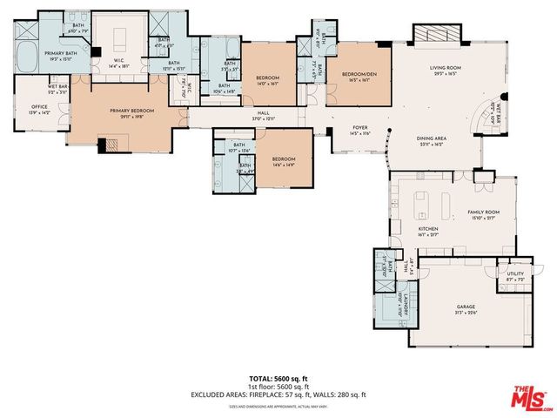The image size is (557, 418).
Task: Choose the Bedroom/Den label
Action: pyautogui.click(x=357, y=73)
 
